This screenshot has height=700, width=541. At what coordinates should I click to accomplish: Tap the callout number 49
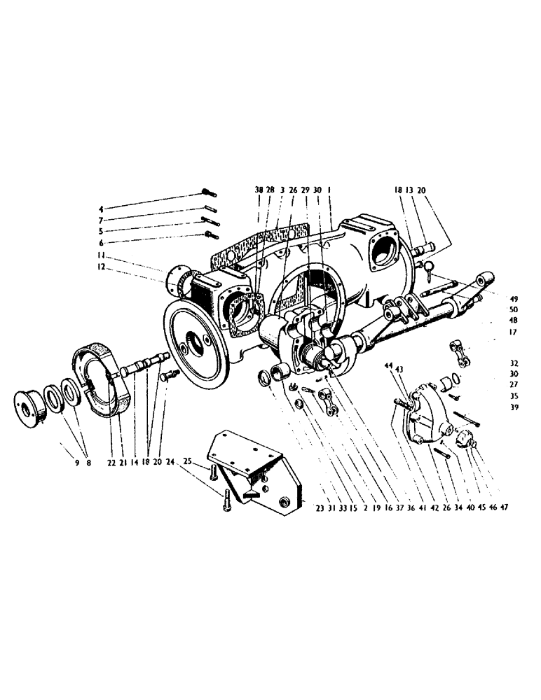tap(514, 297)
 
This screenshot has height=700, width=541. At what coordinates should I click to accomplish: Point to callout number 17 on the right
tap(514, 332)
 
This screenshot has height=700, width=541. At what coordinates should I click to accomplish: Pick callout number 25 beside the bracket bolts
tap(189, 463)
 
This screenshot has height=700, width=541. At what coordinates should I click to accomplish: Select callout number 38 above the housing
tap(259, 190)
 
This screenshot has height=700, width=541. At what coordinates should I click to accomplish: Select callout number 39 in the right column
tap(514, 407)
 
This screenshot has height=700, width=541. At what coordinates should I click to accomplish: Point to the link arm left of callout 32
tap(465, 352)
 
